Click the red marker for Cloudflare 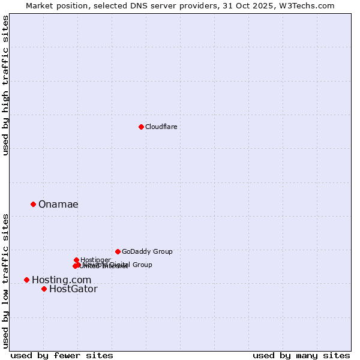(141, 127)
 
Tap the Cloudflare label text (161, 127)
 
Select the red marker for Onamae (33, 204)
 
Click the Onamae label (58, 205)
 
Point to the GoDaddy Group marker (118, 251)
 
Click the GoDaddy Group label (147, 251)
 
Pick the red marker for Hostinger (76, 260)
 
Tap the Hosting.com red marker (26, 280)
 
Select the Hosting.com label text (61, 280)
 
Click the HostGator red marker (44, 289)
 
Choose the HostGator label (73, 289)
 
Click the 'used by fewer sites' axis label (62, 355)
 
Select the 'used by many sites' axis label (301, 355)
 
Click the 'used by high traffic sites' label (5, 85)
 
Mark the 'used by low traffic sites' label (5, 281)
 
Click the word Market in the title (39, 5)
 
